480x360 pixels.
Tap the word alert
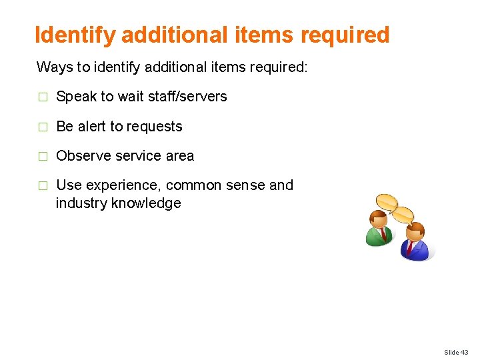(x=90, y=127)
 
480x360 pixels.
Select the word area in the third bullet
(x=179, y=156)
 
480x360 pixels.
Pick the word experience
(x=119, y=185)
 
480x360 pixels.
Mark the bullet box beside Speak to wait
(x=42, y=97)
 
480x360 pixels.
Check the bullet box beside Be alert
(x=42, y=127)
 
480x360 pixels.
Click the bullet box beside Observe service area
(x=42, y=157)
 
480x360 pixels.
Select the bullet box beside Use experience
(x=42, y=186)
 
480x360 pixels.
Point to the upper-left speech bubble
(x=386, y=201)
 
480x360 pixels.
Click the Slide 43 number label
(x=456, y=352)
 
